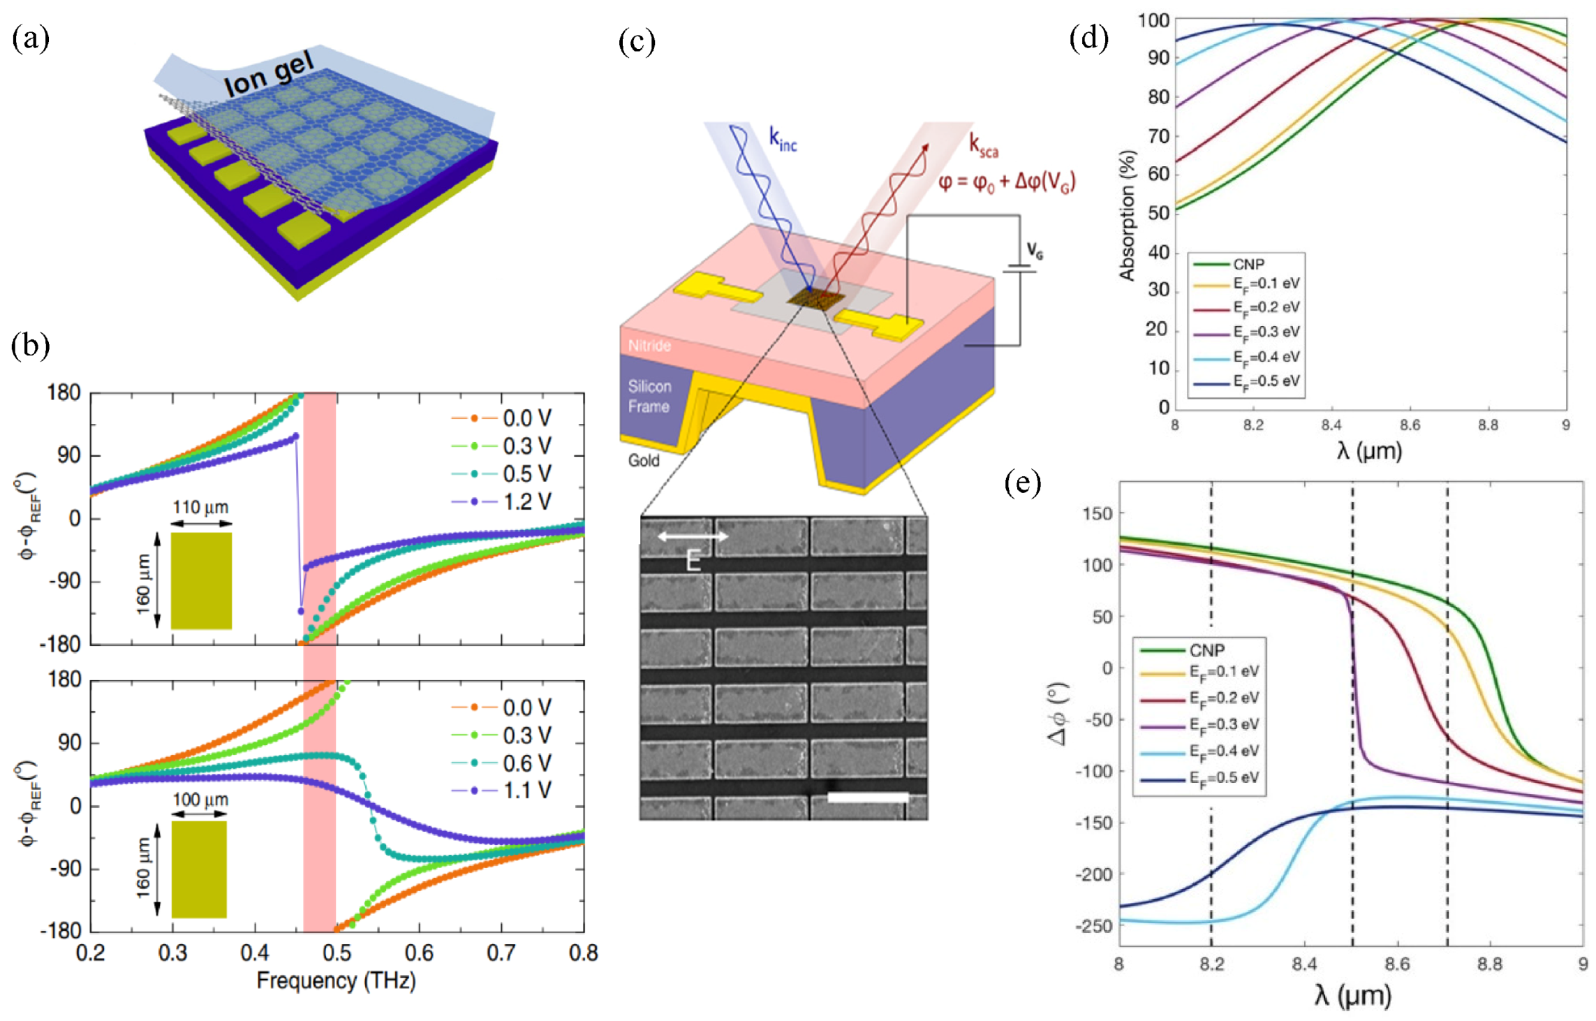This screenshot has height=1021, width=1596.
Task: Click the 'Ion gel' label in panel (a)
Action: point(269,75)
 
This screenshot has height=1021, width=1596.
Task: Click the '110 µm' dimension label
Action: point(201,507)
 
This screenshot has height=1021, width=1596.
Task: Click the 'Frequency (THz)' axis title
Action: point(336,980)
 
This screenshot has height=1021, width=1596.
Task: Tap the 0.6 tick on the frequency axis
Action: point(419,953)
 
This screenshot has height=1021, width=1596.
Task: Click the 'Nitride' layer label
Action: point(649,346)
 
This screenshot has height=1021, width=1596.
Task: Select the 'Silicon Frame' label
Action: point(649,396)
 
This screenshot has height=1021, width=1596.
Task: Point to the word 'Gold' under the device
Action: point(643,460)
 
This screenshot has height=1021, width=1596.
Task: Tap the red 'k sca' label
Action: point(983,146)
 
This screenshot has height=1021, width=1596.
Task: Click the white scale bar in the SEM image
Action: point(868,797)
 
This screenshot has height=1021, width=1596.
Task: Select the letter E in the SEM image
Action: point(693,560)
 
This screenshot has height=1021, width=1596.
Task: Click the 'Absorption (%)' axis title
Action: point(1127,216)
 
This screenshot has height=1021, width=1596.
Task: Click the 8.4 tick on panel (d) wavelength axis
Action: point(1331,425)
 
